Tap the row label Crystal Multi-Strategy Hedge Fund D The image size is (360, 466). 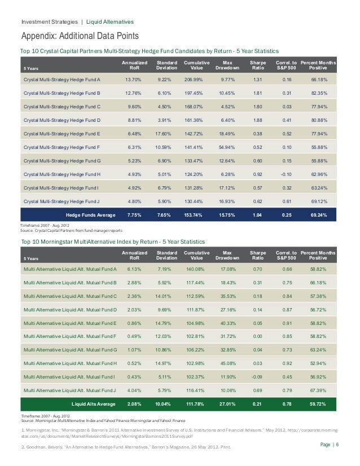62,120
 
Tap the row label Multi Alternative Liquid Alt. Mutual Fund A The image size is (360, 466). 70,269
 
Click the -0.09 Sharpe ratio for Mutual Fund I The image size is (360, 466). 257,377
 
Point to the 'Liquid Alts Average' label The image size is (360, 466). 94,404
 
